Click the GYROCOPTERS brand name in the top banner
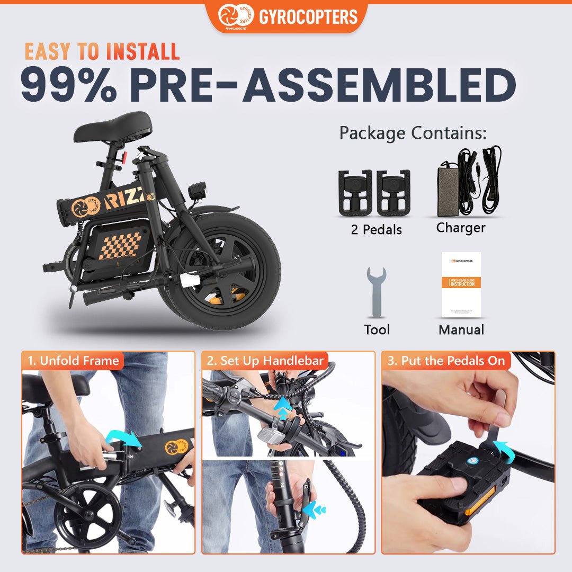[x=308, y=17]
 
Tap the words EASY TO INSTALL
[x=102, y=51]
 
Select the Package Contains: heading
[x=413, y=132]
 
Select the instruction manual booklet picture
[x=461, y=284]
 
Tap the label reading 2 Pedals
[x=376, y=230]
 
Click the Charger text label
[x=461, y=228]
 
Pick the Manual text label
[x=461, y=330]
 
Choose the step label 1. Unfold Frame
[x=73, y=361]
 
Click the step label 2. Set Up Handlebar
[x=265, y=361]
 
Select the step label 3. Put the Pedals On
[x=446, y=361]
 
